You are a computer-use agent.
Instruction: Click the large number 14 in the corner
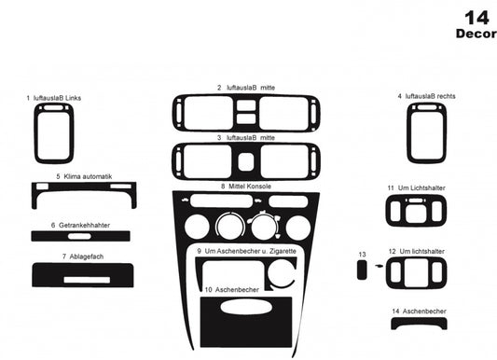tap(475, 16)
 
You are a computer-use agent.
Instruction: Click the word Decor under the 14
tap(475, 34)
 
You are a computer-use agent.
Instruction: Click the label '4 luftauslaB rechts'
tap(426, 96)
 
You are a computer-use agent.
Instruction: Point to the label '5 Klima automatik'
tap(84, 175)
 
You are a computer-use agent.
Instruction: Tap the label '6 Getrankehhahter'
tap(82, 225)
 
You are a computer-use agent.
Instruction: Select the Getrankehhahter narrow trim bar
tap(81, 237)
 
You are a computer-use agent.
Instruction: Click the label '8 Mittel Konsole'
tap(246, 187)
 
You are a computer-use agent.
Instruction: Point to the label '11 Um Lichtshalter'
tap(416, 187)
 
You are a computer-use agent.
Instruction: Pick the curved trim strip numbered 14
tap(417, 324)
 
